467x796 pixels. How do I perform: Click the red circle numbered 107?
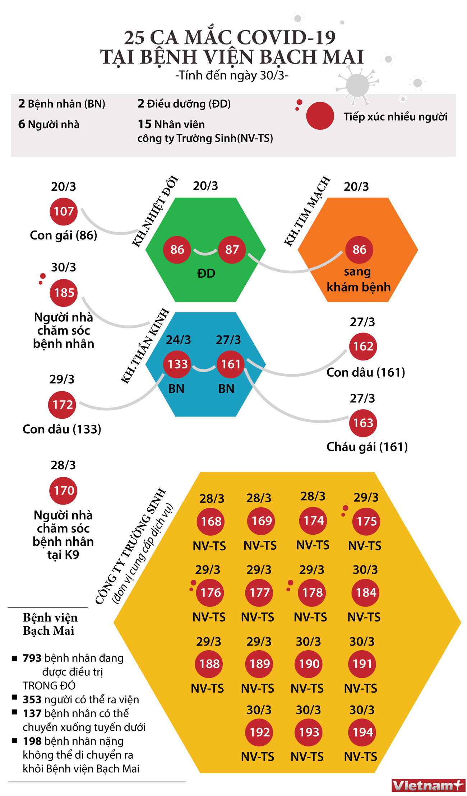tap(64, 211)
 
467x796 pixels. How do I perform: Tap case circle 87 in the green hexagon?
tap(232, 250)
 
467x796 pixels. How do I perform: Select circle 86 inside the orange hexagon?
tap(359, 250)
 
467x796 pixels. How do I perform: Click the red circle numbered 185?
tap(64, 293)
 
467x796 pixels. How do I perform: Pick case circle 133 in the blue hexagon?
tap(177, 364)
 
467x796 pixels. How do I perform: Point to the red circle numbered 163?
tap(363, 423)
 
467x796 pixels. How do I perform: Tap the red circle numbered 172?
tap(62, 405)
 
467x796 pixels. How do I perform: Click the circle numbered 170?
tap(64, 490)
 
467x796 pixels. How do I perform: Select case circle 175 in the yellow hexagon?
tap(366, 521)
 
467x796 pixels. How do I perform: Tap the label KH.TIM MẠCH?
tap(307, 211)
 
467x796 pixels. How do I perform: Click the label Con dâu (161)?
tap(366, 372)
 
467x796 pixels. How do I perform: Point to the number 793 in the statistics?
tap(32, 658)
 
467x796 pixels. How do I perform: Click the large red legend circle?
tap(320, 116)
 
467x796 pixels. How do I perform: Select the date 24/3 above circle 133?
tap(178, 340)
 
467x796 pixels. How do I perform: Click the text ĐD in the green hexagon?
tap(206, 274)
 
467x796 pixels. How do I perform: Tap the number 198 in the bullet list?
tap(32, 741)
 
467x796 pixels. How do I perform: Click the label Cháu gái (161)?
tap(367, 447)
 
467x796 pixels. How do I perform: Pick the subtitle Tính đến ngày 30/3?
tap(232, 75)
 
